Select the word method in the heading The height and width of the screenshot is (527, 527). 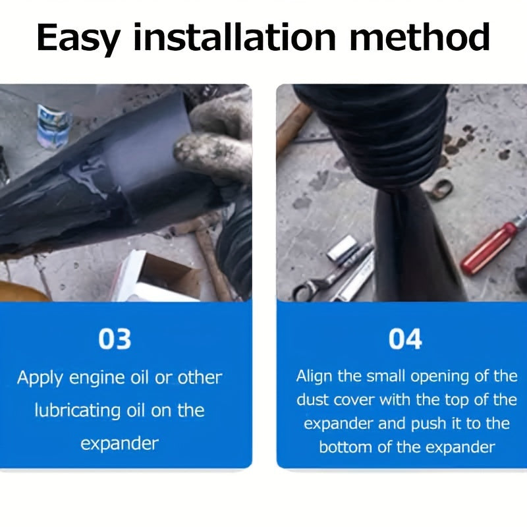tap(419, 37)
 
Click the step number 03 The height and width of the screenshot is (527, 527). tap(115, 339)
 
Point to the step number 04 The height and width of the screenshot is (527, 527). tap(405, 339)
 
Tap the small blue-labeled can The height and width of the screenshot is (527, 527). tap(54, 126)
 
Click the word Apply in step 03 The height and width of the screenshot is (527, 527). tap(40, 378)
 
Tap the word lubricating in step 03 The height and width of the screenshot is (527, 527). tap(77, 411)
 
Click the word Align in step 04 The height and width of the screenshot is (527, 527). tap(314, 377)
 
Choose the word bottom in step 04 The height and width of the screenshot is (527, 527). tap(345, 447)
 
